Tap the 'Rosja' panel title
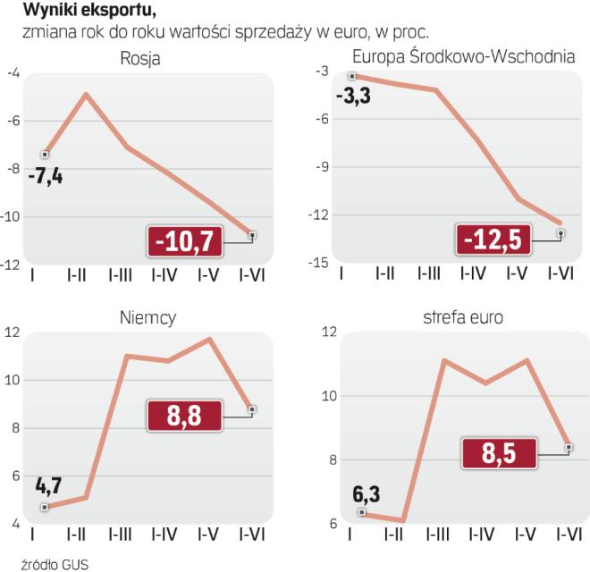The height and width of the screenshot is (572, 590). click(x=144, y=59)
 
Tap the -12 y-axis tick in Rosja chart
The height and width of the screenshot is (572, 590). click(x=14, y=265)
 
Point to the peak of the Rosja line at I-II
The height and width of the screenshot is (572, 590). click(x=86, y=94)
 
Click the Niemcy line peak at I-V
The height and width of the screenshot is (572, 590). click(x=210, y=339)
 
